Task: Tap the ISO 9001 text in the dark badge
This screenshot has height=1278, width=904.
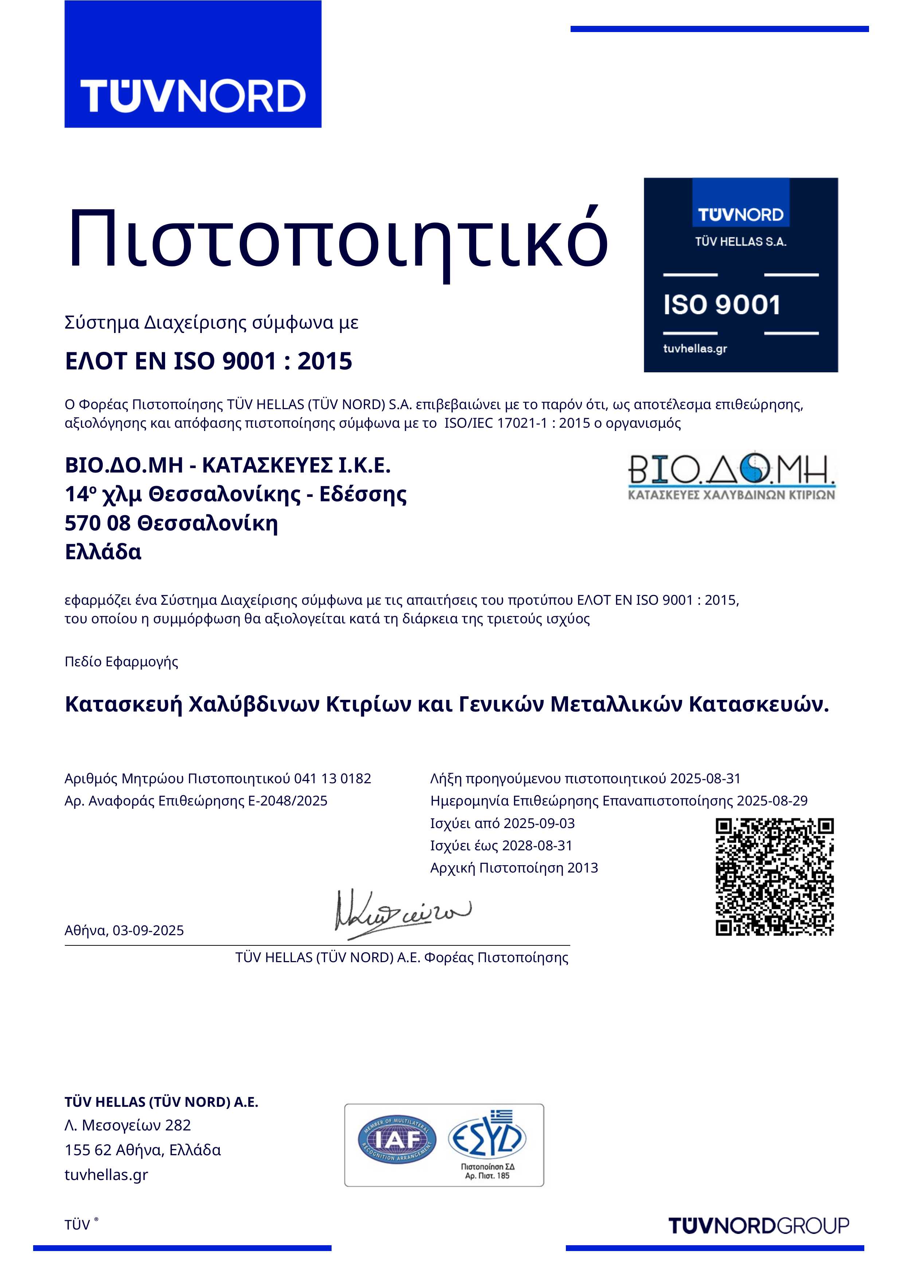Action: [x=722, y=305]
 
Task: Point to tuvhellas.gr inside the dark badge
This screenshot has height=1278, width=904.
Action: [x=695, y=349]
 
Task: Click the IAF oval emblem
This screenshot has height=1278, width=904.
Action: [x=397, y=1141]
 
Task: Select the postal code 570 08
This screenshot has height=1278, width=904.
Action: [x=98, y=523]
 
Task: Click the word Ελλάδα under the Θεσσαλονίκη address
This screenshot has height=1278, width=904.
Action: [x=103, y=552]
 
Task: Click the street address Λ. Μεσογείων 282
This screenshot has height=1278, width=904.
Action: [x=128, y=1125]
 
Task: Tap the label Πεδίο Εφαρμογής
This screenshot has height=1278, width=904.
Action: [x=121, y=662]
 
